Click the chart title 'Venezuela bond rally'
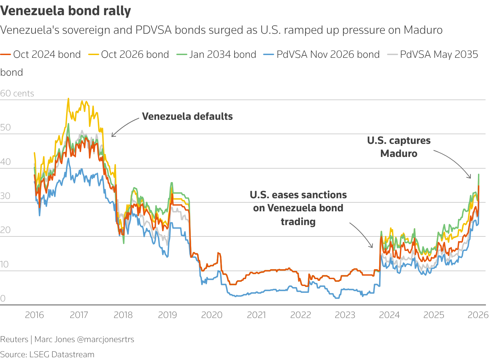65,11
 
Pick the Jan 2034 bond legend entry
217,54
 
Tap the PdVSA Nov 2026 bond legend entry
322,54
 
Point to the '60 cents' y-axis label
17,93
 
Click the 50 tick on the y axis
6,127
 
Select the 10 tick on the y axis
4,264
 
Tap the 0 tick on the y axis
3,298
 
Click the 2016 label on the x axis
34,315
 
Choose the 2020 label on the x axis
212,315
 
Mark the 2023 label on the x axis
345,315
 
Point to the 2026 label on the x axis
478,315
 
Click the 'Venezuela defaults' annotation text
187,116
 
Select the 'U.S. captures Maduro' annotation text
399,147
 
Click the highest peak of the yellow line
68,99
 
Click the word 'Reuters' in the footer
14,339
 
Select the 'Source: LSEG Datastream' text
47,354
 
